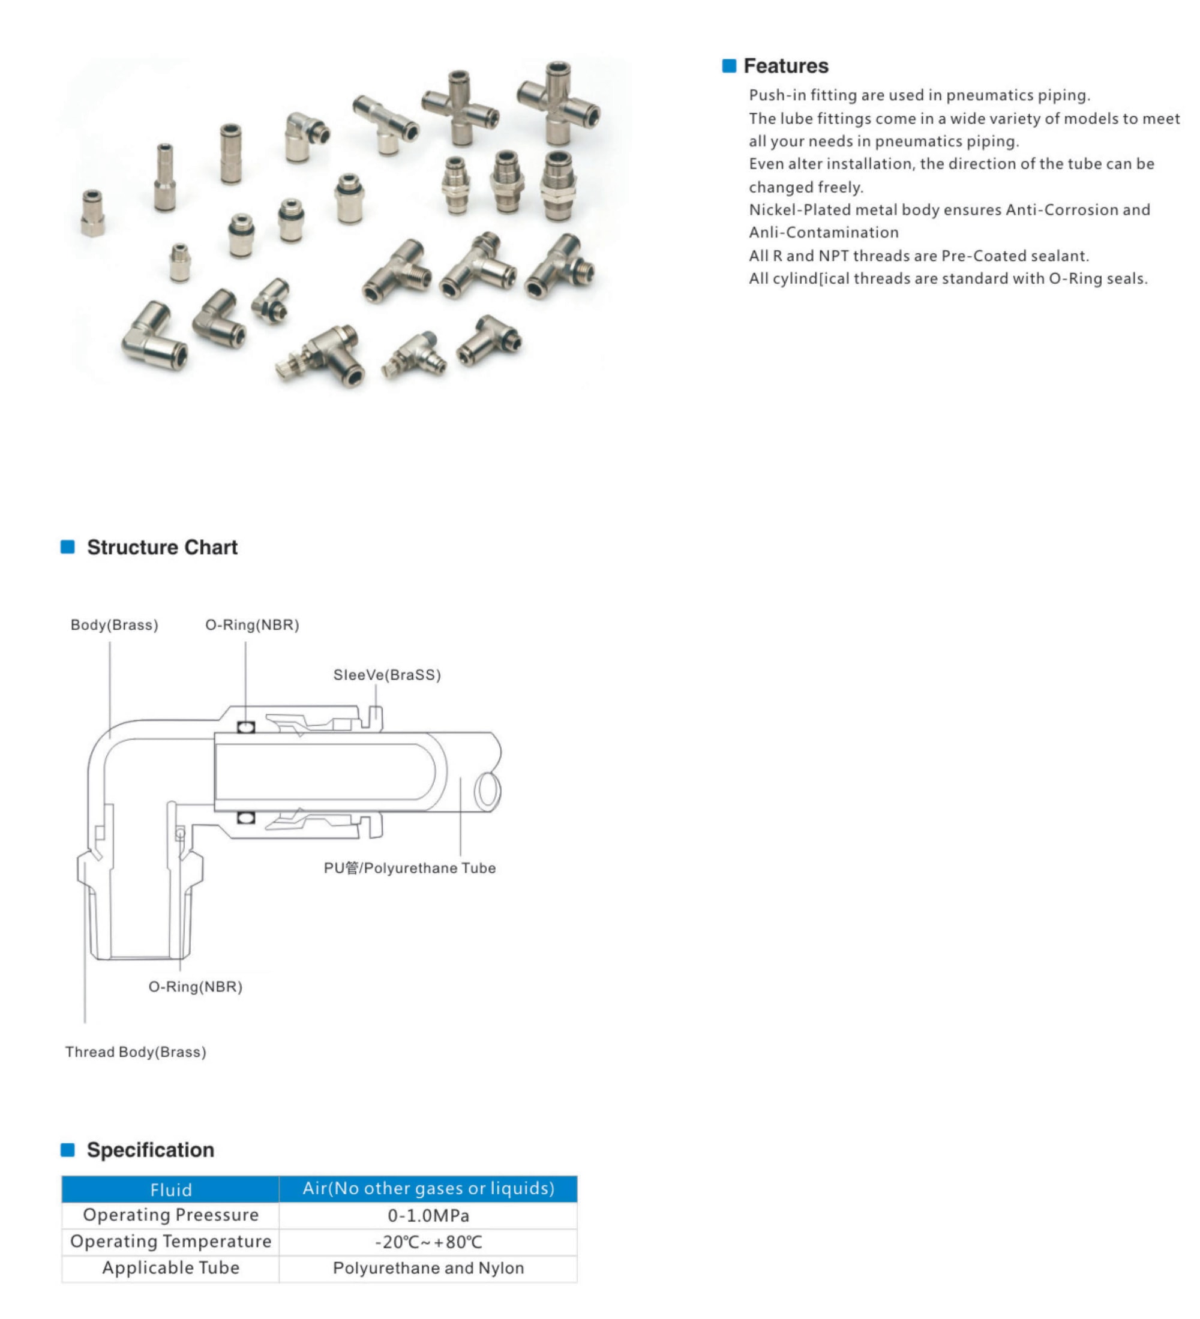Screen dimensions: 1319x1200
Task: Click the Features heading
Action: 785,66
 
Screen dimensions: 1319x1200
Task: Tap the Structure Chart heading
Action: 161,547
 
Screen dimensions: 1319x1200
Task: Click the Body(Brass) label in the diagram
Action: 114,625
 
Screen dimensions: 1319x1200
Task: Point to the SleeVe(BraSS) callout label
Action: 386,675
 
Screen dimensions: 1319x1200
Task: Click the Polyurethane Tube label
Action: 410,867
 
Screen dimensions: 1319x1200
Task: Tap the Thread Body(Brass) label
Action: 136,1051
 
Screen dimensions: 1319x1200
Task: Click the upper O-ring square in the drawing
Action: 245,727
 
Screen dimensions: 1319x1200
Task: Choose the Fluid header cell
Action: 171,1189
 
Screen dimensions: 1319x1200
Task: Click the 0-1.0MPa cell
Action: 428,1216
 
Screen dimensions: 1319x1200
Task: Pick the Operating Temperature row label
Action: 171,1241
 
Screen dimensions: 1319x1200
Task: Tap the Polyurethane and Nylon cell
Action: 428,1268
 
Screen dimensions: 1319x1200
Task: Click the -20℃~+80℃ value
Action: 428,1242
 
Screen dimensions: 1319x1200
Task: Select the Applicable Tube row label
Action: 171,1268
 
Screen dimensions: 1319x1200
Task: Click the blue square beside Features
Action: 728,66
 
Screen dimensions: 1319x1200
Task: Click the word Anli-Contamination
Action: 823,232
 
